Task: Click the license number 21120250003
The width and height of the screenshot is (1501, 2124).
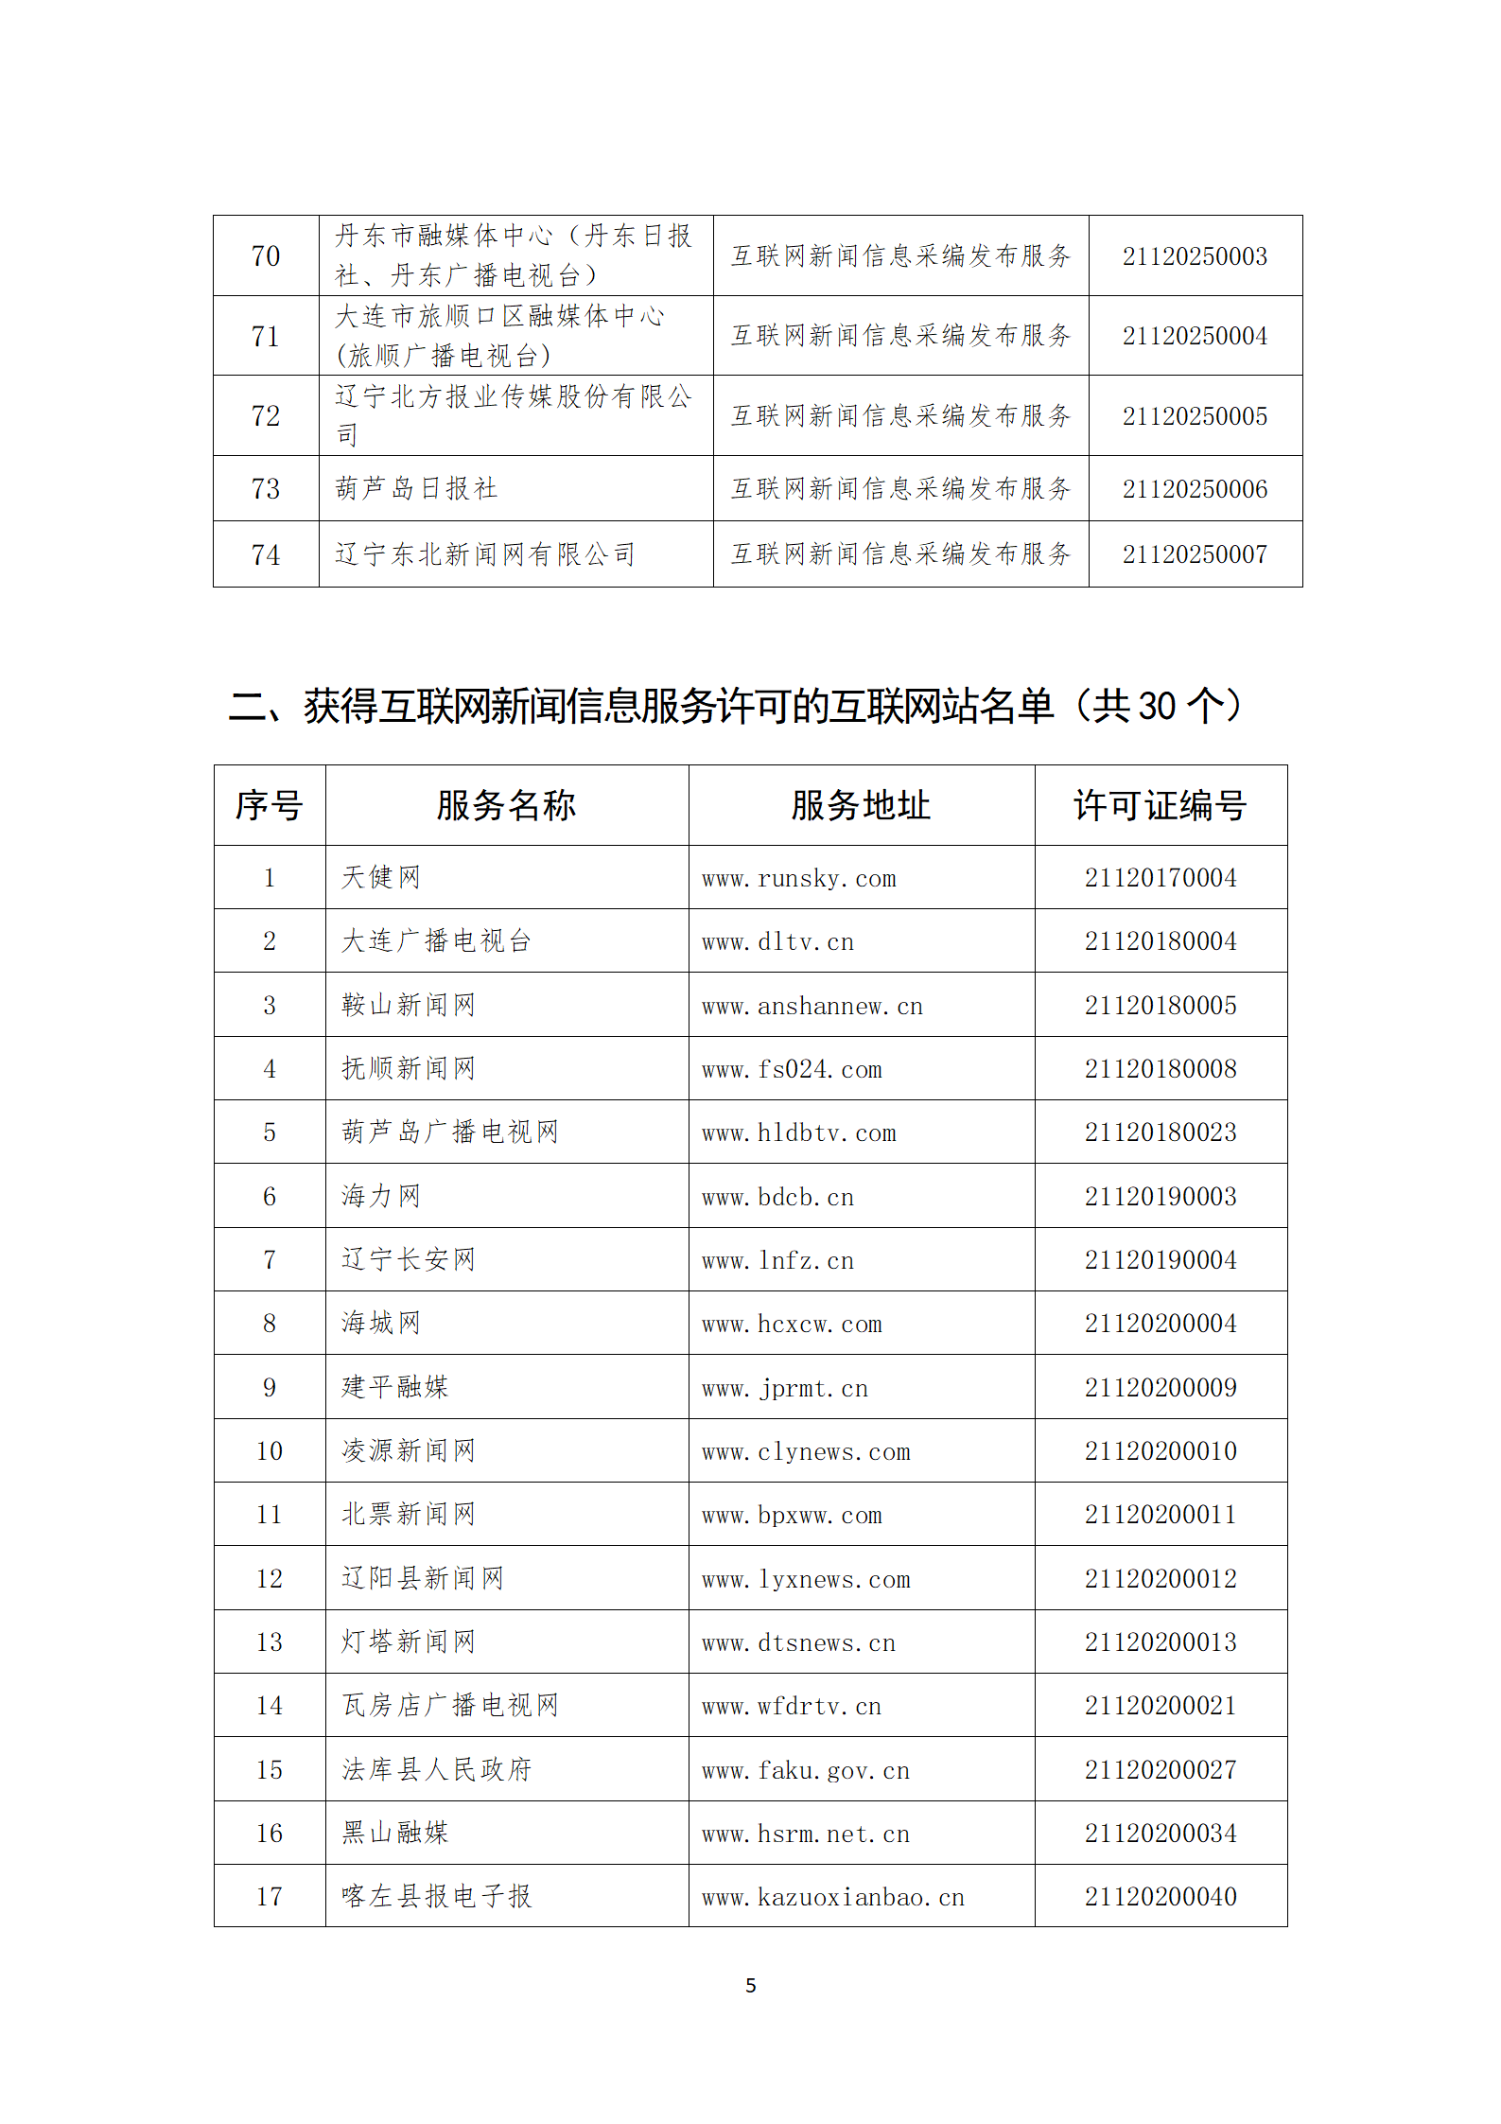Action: pyautogui.click(x=1195, y=256)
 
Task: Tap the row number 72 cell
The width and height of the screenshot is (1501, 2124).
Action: pyautogui.click(x=266, y=416)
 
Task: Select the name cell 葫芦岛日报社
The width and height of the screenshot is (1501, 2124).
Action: pyautogui.click(x=416, y=488)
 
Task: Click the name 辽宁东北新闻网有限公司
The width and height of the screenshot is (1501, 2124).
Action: pyautogui.click(x=484, y=554)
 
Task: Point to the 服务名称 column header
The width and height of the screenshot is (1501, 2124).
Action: pyautogui.click(x=506, y=806)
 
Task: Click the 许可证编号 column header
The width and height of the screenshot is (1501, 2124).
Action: pyautogui.click(x=1160, y=806)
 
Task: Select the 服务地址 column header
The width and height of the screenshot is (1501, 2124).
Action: pyautogui.click(x=861, y=806)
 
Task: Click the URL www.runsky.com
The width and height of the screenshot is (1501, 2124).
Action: pyautogui.click(x=798, y=879)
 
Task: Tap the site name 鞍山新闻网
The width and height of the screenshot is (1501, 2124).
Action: pyautogui.click(x=409, y=1005)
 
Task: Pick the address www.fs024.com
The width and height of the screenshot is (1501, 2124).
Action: pyautogui.click(x=792, y=1070)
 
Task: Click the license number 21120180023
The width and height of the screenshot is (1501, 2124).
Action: pyautogui.click(x=1161, y=1132)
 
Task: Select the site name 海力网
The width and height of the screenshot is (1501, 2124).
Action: pyautogui.click(x=381, y=1196)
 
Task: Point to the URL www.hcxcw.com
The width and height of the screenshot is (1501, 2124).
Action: pyautogui.click(x=792, y=1325)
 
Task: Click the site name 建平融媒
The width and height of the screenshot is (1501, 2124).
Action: pyautogui.click(x=395, y=1387)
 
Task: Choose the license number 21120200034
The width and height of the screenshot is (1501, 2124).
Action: pyautogui.click(x=1161, y=1834)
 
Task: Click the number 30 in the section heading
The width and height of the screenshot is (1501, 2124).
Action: pyautogui.click(x=1157, y=707)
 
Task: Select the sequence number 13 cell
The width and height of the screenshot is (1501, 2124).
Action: pyautogui.click(x=270, y=1642)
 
